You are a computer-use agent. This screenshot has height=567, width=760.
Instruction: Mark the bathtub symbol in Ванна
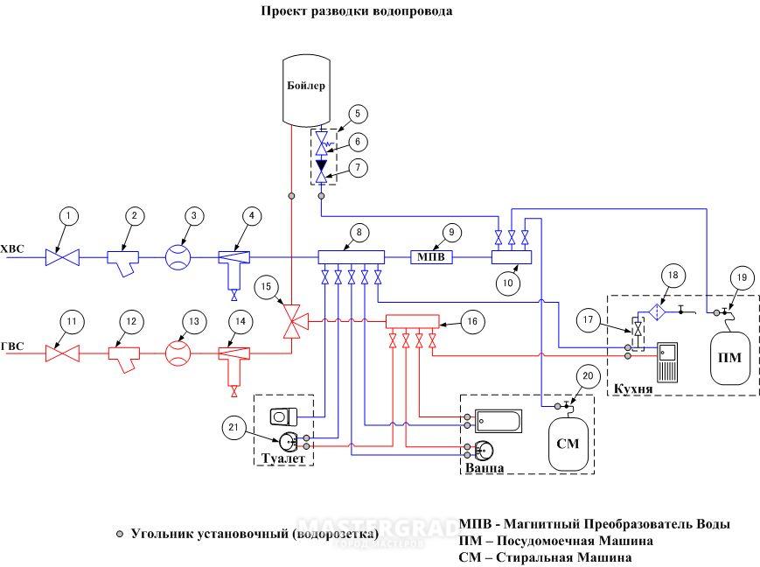click(x=498, y=422)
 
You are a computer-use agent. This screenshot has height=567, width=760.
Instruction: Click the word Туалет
click(x=282, y=458)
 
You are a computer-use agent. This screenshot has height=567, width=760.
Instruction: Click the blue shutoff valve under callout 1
click(x=63, y=258)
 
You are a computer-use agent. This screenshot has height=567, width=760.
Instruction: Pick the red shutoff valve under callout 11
click(x=63, y=353)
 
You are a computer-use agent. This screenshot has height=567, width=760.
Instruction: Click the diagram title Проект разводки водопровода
click(x=357, y=12)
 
